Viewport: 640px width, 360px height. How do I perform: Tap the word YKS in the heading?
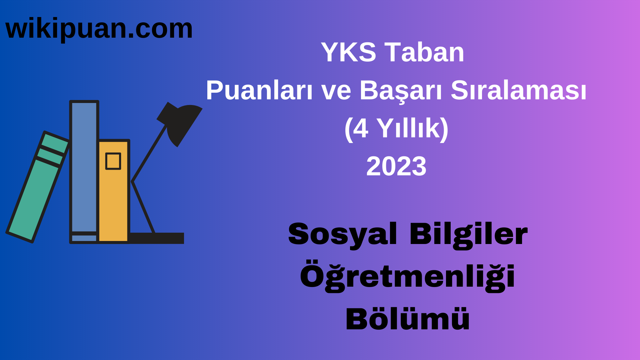point(348,52)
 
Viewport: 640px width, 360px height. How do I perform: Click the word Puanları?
point(259,91)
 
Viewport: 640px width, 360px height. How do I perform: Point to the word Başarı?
point(401,91)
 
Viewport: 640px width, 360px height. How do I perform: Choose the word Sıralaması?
point(518,91)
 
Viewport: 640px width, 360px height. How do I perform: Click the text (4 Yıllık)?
point(396,129)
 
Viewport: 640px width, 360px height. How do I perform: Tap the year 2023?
point(396,166)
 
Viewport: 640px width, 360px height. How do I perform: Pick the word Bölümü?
point(407,319)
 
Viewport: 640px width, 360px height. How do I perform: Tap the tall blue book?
point(84,167)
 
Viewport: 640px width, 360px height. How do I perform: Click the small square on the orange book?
point(113,161)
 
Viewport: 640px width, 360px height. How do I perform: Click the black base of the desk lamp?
point(157,238)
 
